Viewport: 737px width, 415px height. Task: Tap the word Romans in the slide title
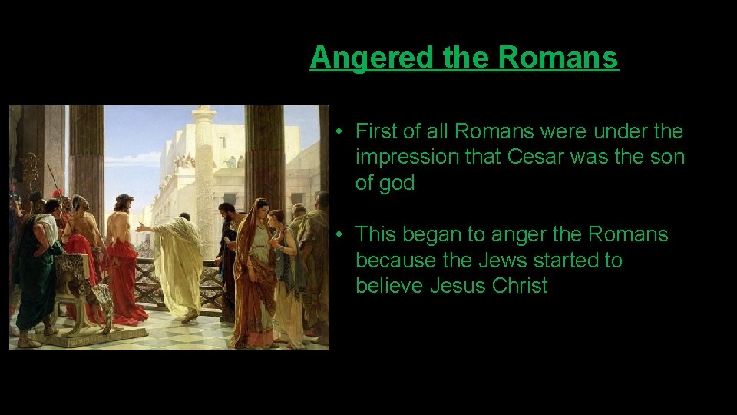[x=558, y=57]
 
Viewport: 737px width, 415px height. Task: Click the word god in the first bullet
[x=398, y=183]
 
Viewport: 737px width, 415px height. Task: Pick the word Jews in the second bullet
[x=504, y=261]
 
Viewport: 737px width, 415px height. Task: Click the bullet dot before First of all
[x=338, y=132]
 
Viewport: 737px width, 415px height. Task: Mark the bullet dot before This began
[x=338, y=234]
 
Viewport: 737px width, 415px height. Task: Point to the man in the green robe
[x=37, y=269]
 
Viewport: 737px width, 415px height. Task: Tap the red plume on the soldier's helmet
[x=55, y=193]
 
